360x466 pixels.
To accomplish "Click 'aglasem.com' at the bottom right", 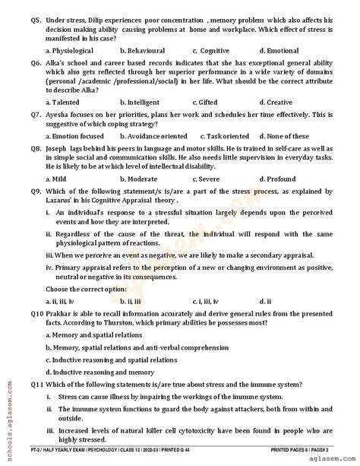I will pyautogui.click(x=331, y=461).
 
